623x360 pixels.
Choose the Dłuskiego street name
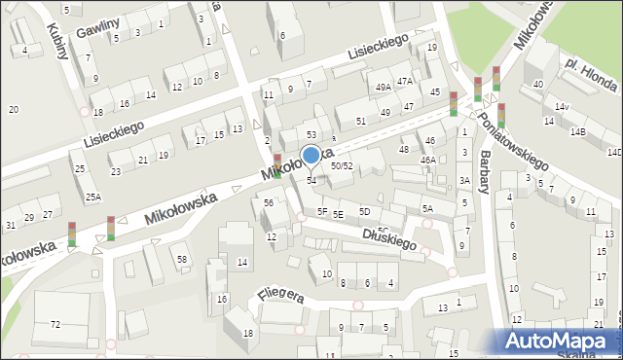[x=388, y=238]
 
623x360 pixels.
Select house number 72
[x=55, y=323]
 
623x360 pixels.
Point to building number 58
[x=181, y=259]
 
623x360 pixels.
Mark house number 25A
[x=92, y=198]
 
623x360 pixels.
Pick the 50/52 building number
[x=341, y=166]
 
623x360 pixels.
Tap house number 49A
[x=384, y=88]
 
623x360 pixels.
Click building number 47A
[x=405, y=81]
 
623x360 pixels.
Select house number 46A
[x=427, y=160]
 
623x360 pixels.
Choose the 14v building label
[x=561, y=106]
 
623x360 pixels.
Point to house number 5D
[x=364, y=211]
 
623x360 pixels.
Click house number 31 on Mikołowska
[x=10, y=226]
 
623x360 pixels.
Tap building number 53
[x=311, y=133]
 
